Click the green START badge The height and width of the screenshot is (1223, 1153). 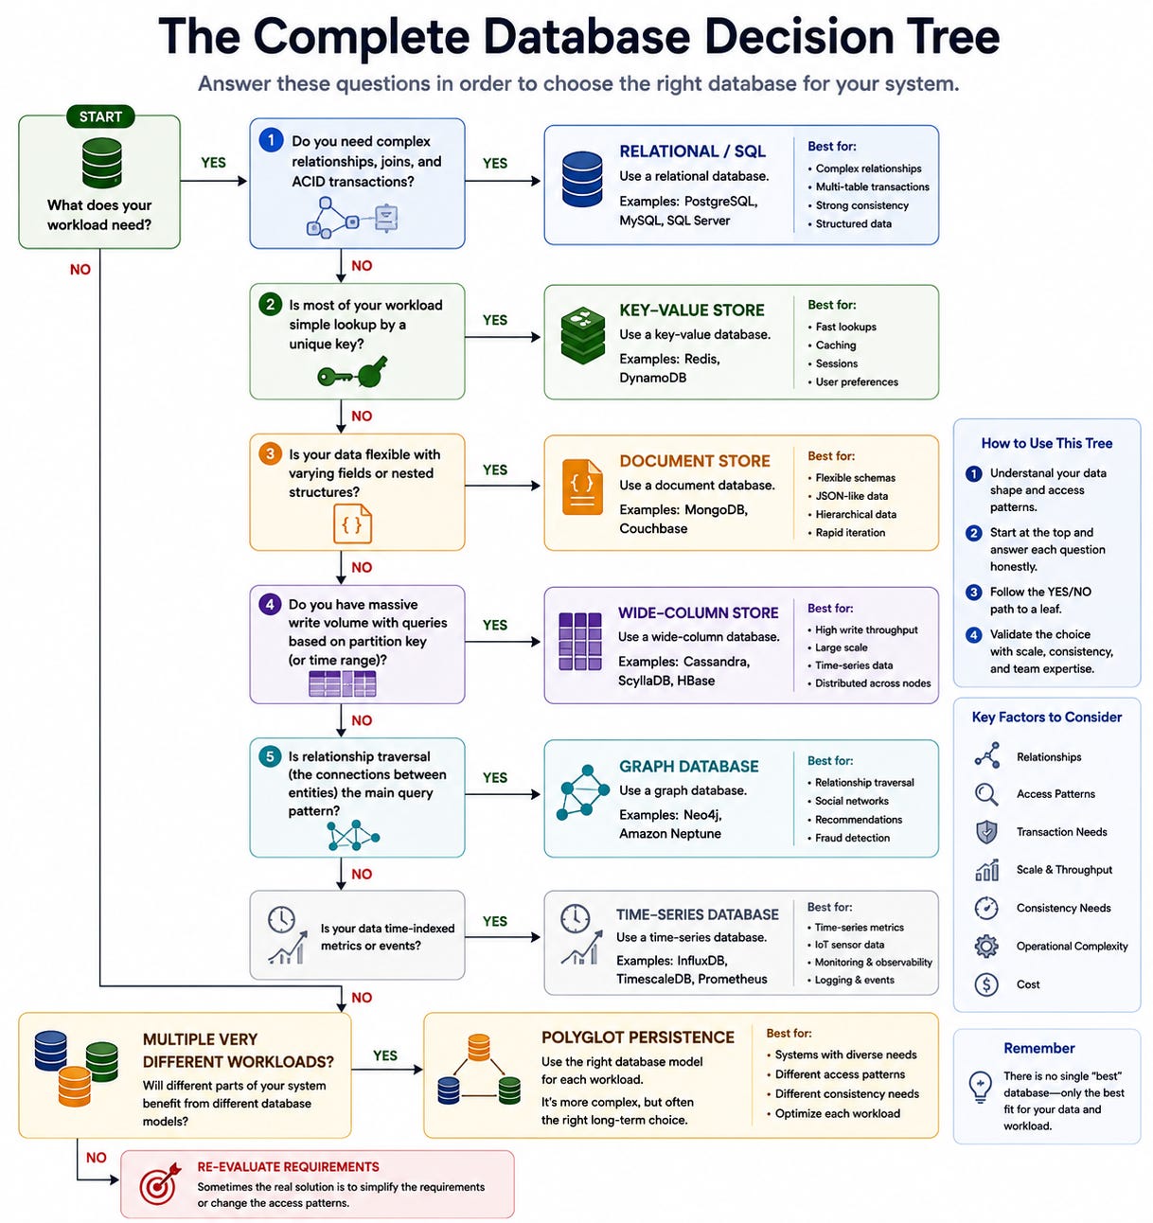pyautogui.click(x=100, y=116)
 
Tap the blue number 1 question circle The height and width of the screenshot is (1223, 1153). pyautogui.click(x=271, y=140)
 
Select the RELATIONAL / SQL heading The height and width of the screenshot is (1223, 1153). pyautogui.click(x=692, y=151)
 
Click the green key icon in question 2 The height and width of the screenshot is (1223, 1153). pyautogui.click(x=352, y=372)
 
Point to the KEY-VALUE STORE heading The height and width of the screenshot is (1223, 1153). pyautogui.click(x=692, y=310)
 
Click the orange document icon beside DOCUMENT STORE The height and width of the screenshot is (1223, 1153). pyautogui.click(x=582, y=487)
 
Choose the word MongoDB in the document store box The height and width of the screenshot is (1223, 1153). pyautogui.click(x=716, y=510)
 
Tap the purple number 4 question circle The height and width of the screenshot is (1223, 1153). pyautogui.click(x=269, y=604)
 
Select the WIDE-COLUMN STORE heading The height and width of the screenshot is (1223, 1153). pyautogui.click(x=699, y=612)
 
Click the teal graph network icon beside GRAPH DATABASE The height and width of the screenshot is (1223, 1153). pyautogui.click(x=583, y=792)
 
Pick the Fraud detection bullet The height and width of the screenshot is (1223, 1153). pyautogui.click(x=852, y=838)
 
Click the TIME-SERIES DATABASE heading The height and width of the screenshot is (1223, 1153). pyautogui.click(x=698, y=914)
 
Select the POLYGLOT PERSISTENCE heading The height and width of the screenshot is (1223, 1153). pyautogui.click(x=637, y=1037)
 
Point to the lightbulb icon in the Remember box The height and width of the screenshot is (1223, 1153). pyautogui.click(x=980, y=1087)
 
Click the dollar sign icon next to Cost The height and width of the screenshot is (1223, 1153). pyautogui.click(x=986, y=984)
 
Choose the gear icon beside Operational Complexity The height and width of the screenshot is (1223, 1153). pyautogui.click(x=986, y=946)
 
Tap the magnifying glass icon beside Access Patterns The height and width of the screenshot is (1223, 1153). pyautogui.click(x=986, y=794)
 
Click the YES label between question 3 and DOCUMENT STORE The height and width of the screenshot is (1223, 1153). pyautogui.click(x=494, y=470)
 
